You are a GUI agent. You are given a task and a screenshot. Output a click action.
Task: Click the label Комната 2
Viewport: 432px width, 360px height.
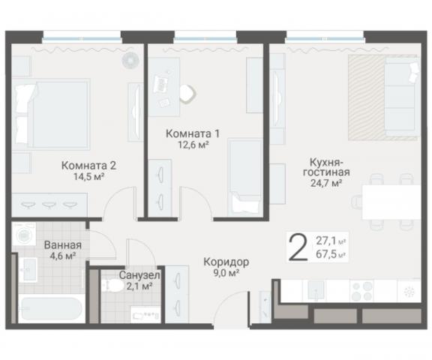88,166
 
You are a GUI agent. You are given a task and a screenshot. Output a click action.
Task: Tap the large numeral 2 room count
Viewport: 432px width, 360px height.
298,247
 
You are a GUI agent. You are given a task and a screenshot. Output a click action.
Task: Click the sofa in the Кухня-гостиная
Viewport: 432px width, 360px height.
398,97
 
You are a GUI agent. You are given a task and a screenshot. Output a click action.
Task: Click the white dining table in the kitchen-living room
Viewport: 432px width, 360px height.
391,201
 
